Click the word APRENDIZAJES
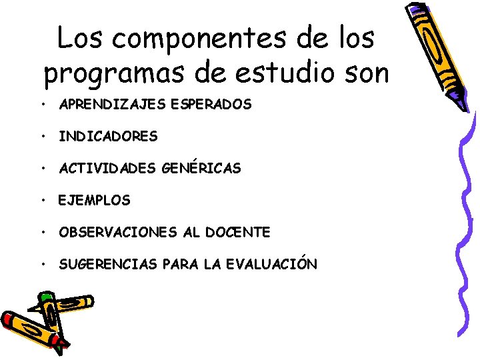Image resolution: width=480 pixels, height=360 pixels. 107,105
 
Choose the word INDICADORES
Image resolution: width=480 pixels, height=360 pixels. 108,137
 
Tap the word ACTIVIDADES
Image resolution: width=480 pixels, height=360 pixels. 108,169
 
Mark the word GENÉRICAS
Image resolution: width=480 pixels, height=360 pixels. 201,169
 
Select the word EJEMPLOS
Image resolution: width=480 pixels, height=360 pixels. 95,200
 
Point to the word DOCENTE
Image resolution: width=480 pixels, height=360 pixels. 237,232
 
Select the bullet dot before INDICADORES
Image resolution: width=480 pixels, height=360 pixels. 42,137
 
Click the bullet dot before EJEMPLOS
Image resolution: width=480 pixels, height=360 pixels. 42,200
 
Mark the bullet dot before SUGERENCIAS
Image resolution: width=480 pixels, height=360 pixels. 42,264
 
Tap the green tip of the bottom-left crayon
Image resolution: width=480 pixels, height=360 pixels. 45,295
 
